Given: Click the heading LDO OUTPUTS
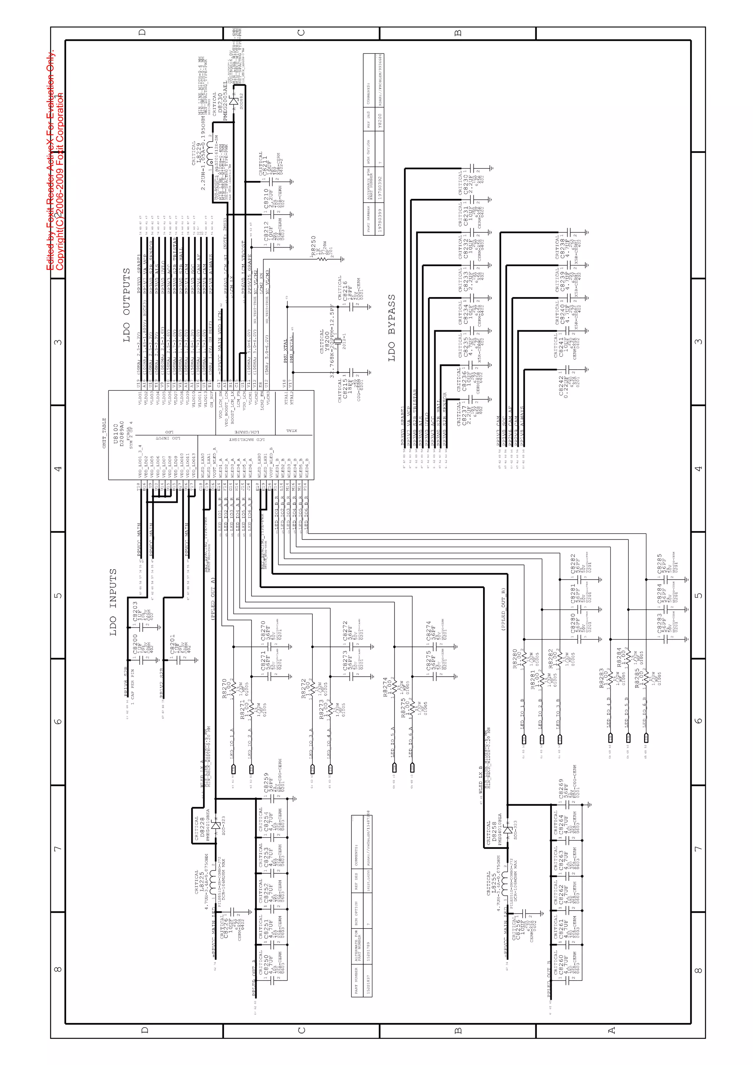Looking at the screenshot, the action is point(126,305).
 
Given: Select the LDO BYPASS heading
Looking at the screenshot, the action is point(392,327).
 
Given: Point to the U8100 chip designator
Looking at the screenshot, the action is point(116,434).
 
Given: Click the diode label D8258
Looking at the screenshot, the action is point(494,832).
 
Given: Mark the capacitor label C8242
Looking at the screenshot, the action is point(563,386).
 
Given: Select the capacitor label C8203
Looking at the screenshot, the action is point(135,611).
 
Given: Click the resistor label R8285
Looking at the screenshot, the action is point(638,678).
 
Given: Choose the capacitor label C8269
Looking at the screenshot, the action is point(561,788).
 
